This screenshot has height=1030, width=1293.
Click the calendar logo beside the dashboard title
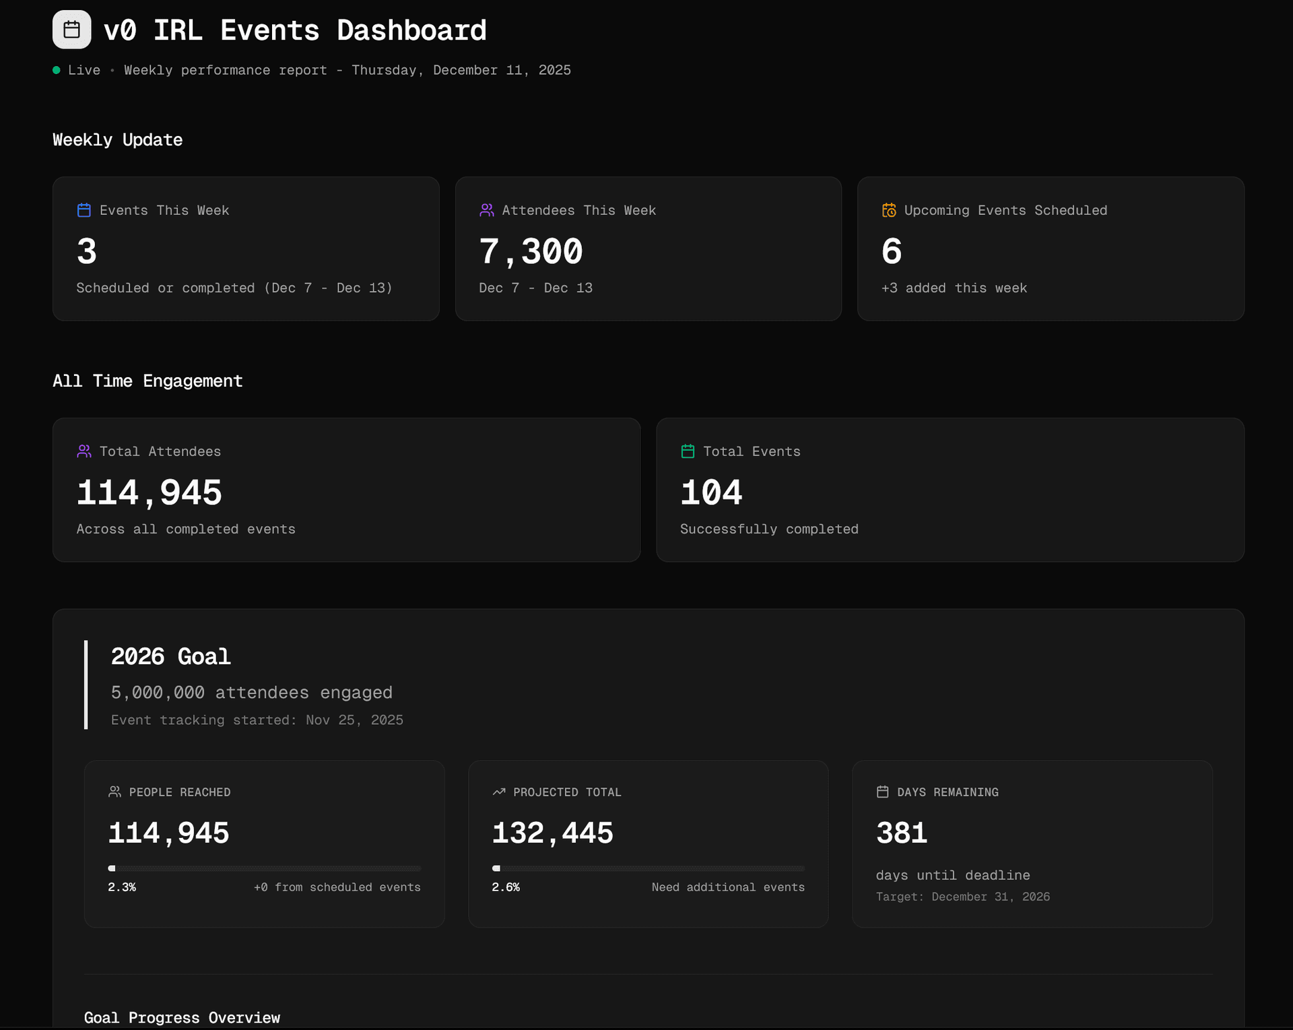tap(72, 30)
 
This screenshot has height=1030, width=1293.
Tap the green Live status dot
tap(57, 70)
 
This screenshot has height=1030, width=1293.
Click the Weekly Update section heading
tap(118, 140)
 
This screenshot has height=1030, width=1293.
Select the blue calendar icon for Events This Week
tap(84, 210)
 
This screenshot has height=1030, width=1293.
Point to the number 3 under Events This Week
tap(87, 251)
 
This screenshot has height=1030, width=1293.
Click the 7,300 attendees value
tap(531, 251)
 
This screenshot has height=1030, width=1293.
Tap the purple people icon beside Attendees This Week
tap(486, 210)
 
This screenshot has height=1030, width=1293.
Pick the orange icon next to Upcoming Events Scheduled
tap(889, 210)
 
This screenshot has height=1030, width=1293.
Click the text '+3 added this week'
tap(954, 288)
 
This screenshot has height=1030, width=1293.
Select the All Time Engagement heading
tap(147, 381)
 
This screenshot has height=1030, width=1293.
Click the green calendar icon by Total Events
tap(688, 451)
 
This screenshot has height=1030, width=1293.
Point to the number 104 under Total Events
tap(711, 492)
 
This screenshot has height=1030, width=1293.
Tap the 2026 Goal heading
tap(171, 656)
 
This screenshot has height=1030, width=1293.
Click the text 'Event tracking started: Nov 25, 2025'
tap(257, 720)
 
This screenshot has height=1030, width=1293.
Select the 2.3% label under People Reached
tap(122, 887)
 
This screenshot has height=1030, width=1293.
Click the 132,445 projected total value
tap(552, 833)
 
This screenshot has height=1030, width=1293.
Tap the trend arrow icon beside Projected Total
tap(499, 792)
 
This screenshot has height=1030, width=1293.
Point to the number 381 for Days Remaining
tap(902, 833)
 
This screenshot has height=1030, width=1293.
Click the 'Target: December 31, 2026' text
tap(962, 897)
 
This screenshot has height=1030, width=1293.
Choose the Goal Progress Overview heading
tap(182, 1018)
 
